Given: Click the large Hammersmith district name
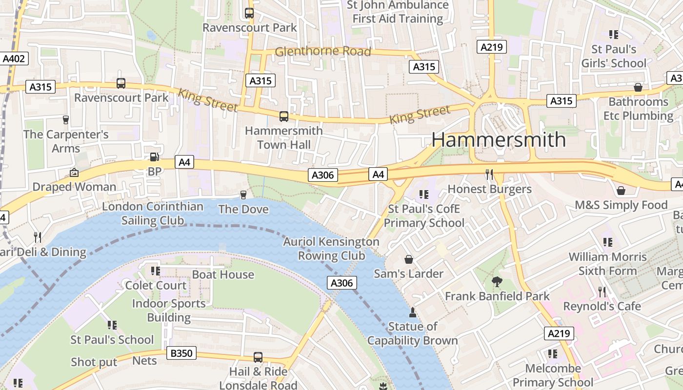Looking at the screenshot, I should click(498, 140).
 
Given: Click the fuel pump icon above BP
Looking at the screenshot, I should click(154, 157).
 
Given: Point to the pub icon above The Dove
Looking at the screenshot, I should click(243, 195).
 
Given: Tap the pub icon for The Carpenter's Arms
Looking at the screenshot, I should click(66, 119).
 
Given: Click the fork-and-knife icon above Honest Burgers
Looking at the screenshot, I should click(489, 174).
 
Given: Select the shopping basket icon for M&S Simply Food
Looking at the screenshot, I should click(621, 190).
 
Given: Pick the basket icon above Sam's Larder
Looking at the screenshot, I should click(408, 259).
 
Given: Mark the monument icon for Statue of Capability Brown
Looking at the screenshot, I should click(412, 312).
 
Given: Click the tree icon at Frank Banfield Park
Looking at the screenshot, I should click(497, 281).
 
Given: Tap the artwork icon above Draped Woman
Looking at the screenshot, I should click(74, 173).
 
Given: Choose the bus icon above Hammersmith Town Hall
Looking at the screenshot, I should click(283, 117).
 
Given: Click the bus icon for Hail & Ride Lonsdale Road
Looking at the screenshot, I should click(258, 357).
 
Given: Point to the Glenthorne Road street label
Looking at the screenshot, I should click(323, 51).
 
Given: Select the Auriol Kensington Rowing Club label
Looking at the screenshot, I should click(331, 249).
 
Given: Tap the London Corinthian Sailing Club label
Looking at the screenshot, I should click(153, 213).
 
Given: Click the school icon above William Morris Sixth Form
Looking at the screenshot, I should click(607, 242).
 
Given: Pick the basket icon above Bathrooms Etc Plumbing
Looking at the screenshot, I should click(638, 87).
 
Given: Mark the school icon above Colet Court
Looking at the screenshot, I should click(156, 271).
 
